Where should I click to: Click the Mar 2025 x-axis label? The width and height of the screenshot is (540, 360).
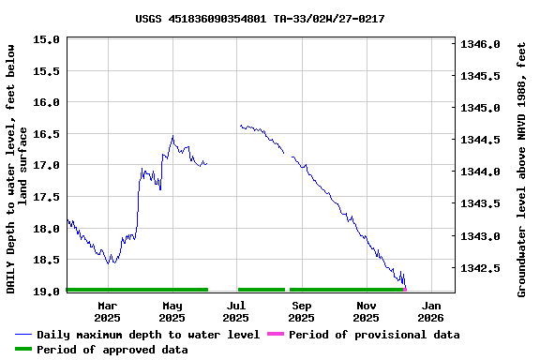click(x=108, y=311)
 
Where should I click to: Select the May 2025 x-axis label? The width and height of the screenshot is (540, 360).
click(x=172, y=311)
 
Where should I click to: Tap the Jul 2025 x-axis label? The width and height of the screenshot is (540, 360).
click(x=236, y=311)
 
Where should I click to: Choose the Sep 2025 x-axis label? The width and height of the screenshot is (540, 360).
click(x=302, y=311)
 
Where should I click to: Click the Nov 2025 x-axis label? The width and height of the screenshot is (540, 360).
click(x=367, y=311)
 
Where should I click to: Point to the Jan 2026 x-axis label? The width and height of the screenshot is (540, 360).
click(x=431, y=311)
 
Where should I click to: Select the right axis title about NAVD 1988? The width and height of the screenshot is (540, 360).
click(x=522, y=167)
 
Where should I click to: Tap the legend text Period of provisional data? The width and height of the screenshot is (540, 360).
click(x=374, y=335)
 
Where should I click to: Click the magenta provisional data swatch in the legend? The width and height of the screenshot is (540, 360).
click(x=275, y=335)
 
